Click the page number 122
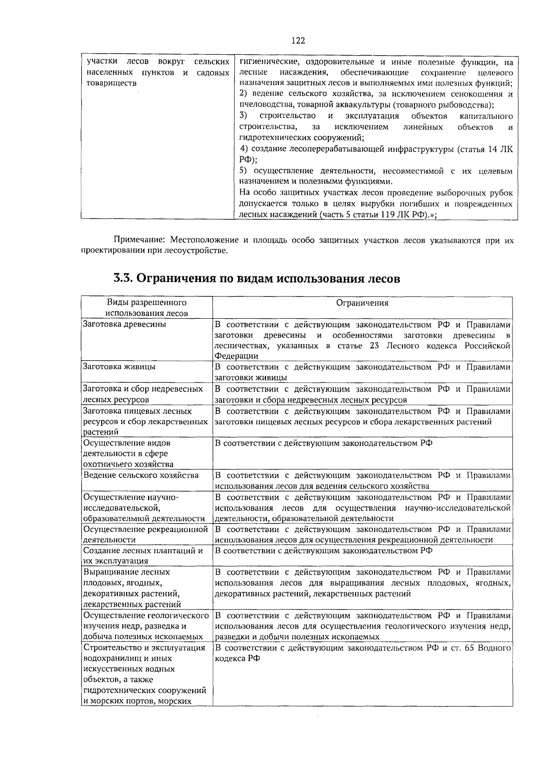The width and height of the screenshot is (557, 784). [x=298, y=41]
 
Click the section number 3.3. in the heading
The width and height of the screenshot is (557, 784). [x=123, y=279]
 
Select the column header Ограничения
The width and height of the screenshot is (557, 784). [x=362, y=303]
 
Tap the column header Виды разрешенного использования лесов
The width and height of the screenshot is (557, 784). [x=146, y=308]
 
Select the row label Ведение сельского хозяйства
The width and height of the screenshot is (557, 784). [x=141, y=476]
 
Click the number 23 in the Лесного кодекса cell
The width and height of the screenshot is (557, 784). [x=375, y=346]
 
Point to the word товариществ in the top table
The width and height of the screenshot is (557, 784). [x=111, y=84]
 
